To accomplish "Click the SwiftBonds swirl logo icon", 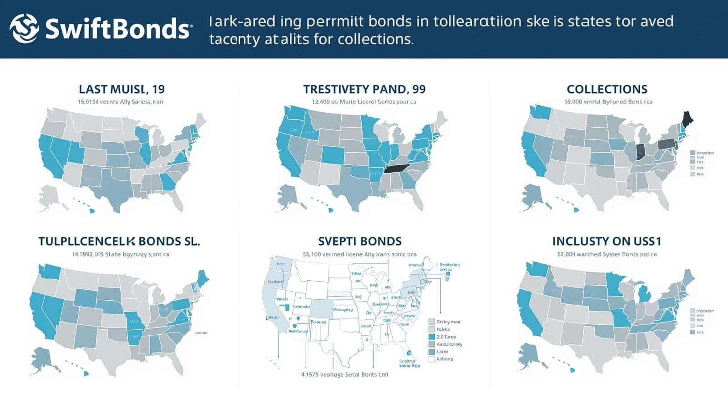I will pyautogui.click(x=24, y=28).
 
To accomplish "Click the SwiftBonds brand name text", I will pyautogui.click(x=117, y=29).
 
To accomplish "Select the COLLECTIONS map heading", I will pyautogui.click(x=607, y=89).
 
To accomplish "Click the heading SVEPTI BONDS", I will pyautogui.click(x=359, y=241).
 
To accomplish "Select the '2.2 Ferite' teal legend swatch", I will pyautogui.click(x=432, y=337).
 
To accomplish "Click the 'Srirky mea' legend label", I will pyautogui.click(x=448, y=322).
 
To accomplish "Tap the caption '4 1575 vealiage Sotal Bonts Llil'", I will pyautogui.click(x=344, y=375).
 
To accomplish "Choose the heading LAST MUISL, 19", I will pyautogui.click(x=121, y=89).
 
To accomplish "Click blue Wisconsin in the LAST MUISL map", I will pyautogui.click(x=142, y=135).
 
